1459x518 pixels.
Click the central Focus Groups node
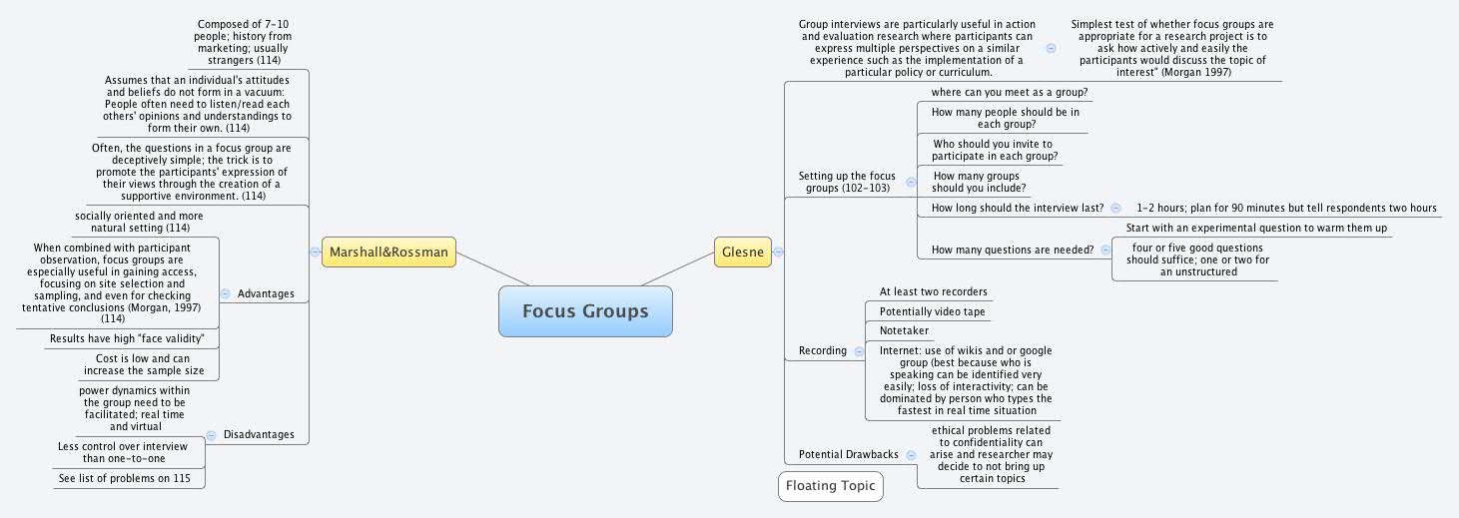(x=585, y=311)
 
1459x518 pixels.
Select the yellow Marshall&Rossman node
(x=388, y=253)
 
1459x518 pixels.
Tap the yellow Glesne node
(x=743, y=253)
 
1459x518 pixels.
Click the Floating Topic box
(x=830, y=486)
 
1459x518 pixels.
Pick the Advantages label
(x=266, y=293)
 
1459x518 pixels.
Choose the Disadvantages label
(x=258, y=434)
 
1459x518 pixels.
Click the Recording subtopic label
(x=822, y=350)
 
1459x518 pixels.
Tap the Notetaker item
(x=904, y=330)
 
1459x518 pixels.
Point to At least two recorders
(x=933, y=291)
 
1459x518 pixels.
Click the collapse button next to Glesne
(x=778, y=253)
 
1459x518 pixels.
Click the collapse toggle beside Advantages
(x=225, y=293)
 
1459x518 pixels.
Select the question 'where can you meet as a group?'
(x=1009, y=92)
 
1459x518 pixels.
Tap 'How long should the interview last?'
(x=1017, y=208)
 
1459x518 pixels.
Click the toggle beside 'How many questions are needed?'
(x=1104, y=250)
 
